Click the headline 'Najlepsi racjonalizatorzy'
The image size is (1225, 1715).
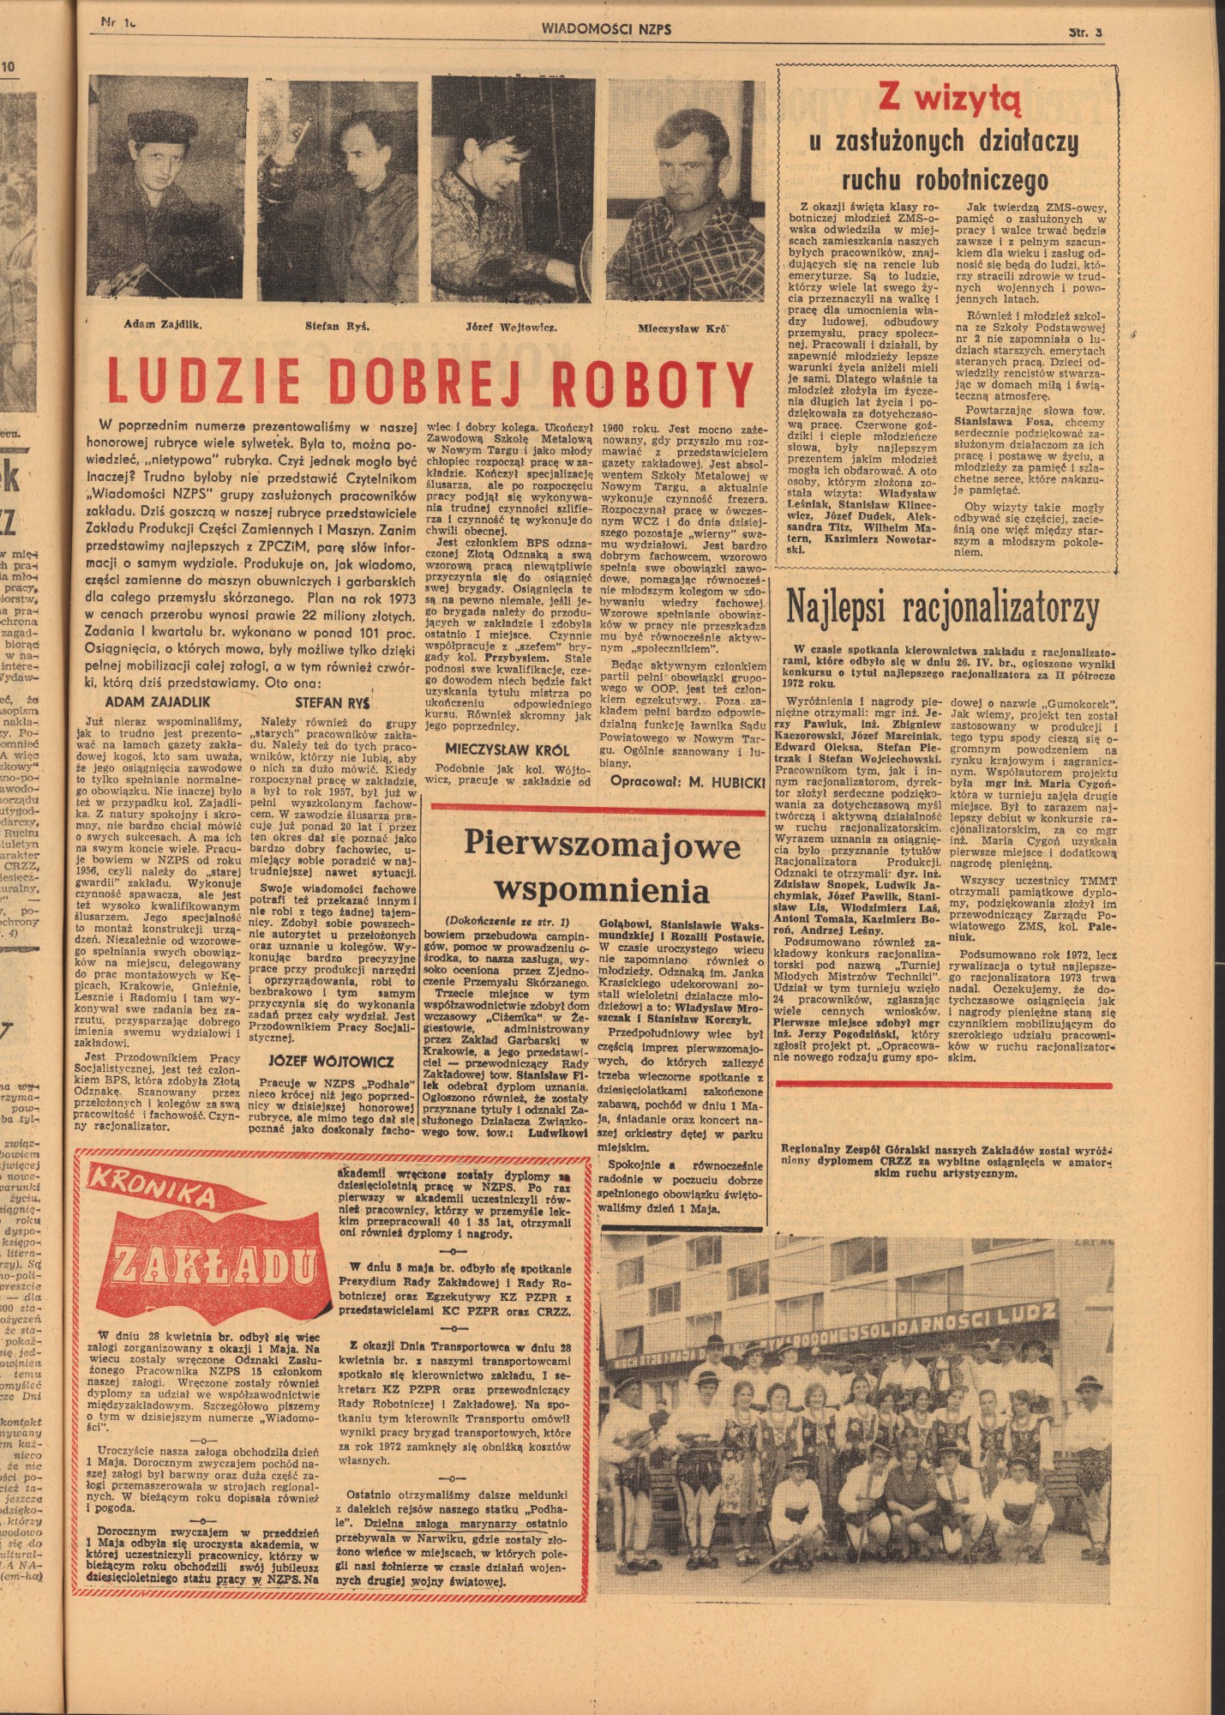point(942,609)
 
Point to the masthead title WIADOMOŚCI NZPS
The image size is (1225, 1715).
point(606,28)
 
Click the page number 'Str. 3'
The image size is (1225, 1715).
point(1084,31)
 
